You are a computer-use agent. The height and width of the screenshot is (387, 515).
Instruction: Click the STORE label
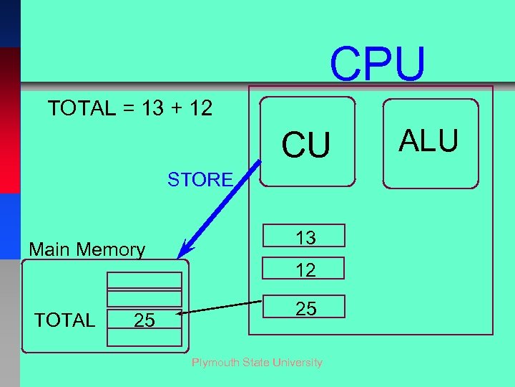(200, 180)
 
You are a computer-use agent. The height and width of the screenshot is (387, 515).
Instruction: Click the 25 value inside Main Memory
(144, 320)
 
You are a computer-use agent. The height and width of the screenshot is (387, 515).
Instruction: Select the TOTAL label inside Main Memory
(64, 320)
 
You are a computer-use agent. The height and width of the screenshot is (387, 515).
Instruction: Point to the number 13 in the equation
(151, 109)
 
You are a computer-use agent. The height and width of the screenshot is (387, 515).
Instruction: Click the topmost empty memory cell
(144, 280)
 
